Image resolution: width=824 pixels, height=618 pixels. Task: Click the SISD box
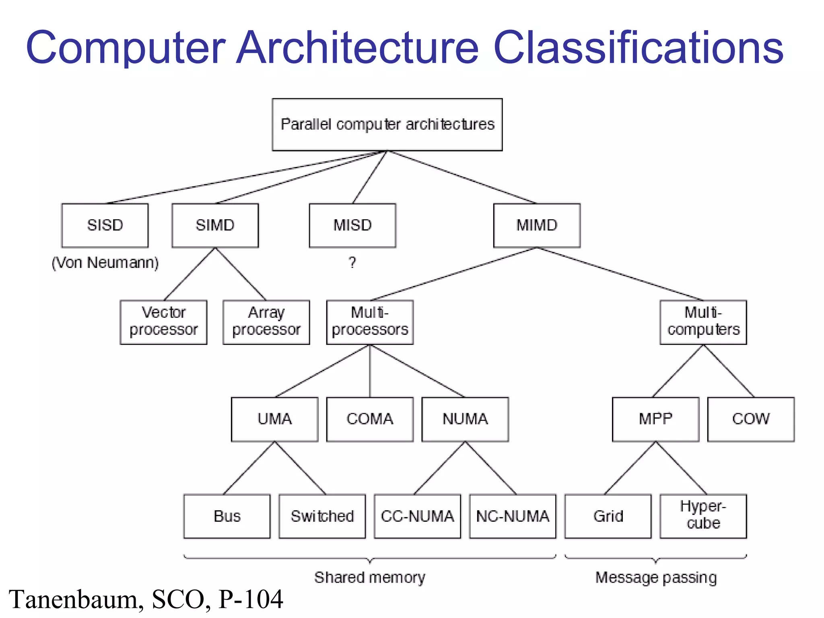(x=105, y=225)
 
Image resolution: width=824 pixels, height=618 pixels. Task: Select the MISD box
(x=352, y=225)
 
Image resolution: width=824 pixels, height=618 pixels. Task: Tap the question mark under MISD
(x=352, y=263)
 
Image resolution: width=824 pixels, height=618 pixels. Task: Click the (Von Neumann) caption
(x=105, y=263)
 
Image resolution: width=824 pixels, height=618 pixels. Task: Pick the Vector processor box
(x=163, y=322)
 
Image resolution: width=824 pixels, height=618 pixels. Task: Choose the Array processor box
(x=266, y=322)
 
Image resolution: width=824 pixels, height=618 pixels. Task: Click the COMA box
(x=370, y=419)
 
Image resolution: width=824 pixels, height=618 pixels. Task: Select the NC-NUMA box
(x=513, y=516)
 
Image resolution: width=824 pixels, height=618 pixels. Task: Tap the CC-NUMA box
(x=417, y=516)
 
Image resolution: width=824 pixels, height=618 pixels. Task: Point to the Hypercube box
(x=703, y=516)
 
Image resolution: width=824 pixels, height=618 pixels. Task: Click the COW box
(x=751, y=419)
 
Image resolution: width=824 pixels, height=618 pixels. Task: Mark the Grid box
(x=608, y=516)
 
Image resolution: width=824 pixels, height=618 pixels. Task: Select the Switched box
(x=322, y=516)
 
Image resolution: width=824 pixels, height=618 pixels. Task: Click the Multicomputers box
(x=703, y=322)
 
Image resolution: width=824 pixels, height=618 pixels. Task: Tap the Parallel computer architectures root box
(x=387, y=124)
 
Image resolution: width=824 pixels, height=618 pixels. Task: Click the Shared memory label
(x=369, y=578)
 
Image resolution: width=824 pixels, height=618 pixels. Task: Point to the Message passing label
(x=656, y=578)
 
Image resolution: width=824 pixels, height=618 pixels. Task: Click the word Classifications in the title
(x=638, y=48)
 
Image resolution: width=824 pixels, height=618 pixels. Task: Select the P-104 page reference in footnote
(x=251, y=599)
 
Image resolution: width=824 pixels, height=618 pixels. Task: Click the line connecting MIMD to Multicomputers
(x=620, y=274)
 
